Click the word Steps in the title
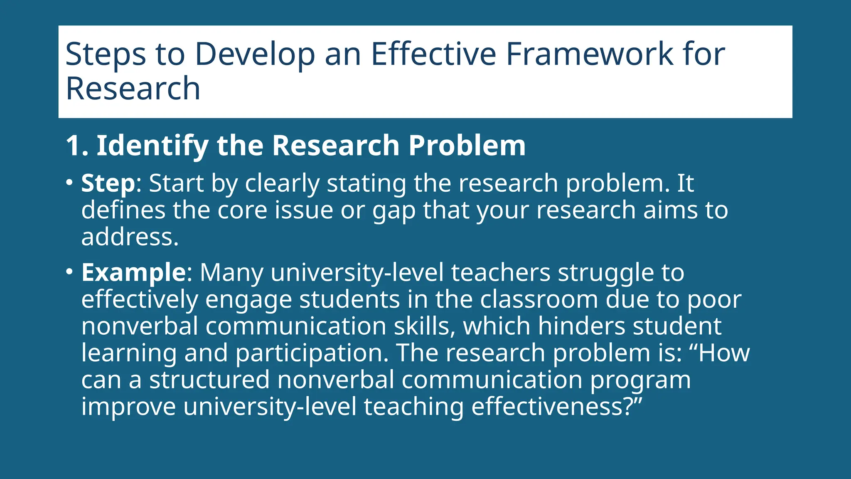pos(106,54)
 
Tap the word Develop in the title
pos(255,54)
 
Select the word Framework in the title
pos(590,54)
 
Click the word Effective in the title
pos(433,54)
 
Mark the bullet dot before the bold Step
pos(69,183)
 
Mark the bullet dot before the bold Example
pos(69,272)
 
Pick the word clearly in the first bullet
pos(282,183)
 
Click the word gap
pos(394,210)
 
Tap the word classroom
pos(539,299)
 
